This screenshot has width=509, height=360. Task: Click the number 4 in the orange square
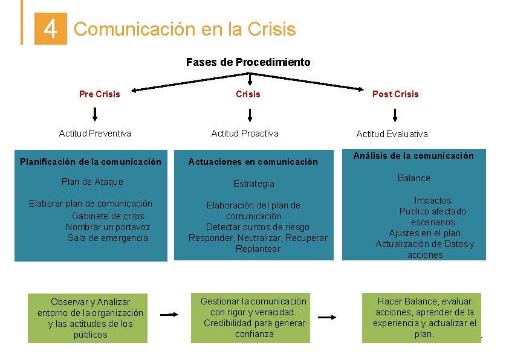click(x=51, y=28)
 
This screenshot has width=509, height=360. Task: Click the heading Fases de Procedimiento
click(x=248, y=62)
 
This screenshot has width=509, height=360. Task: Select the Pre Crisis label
click(x=100, y=94)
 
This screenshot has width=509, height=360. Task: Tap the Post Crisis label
click(x=395, y=94)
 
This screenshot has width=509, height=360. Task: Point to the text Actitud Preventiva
click(x=95, y=133)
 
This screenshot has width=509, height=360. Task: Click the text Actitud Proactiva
click(x=245, y=133)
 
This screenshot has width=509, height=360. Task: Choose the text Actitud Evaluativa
click(x=392, y=134)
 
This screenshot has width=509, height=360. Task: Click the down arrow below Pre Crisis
click(x=95, y=114)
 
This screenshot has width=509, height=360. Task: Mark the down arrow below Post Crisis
click(x=395, y=114)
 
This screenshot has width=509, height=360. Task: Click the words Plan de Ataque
click(x=92, y=182)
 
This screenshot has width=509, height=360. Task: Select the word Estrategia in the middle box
click(x=254, y=184)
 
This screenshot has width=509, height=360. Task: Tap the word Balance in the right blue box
click(x=414, y=178)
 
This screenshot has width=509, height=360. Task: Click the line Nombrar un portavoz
click(x=108, y=227)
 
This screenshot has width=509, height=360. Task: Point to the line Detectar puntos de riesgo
click(x=258, y=227)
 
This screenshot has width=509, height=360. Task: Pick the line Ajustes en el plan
click(x=424, y=233)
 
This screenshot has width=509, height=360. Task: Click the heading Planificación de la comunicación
click(x=91, y=162)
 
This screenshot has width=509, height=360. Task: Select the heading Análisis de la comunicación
click(x=414, y=156)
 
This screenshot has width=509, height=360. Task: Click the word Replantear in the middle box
click(x=258, y=249)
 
